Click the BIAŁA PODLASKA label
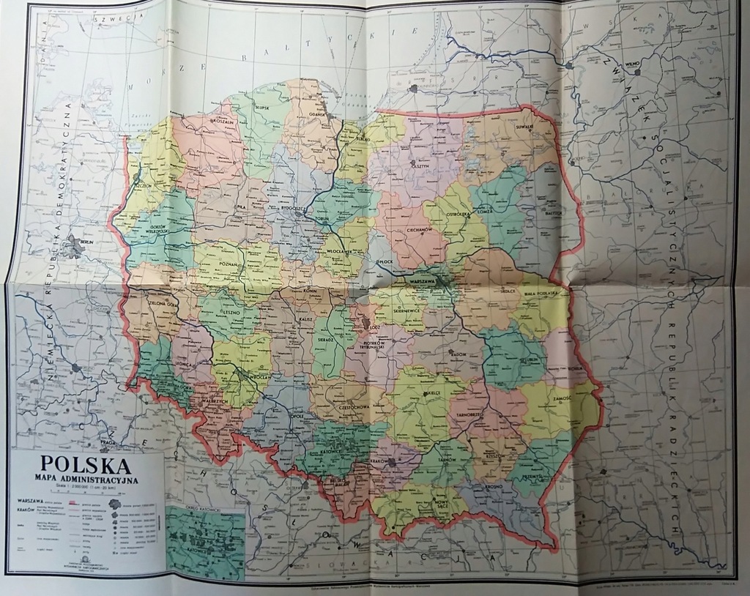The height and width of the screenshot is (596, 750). (x=543, y=291)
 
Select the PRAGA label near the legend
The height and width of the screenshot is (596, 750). (x=108, y=443)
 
